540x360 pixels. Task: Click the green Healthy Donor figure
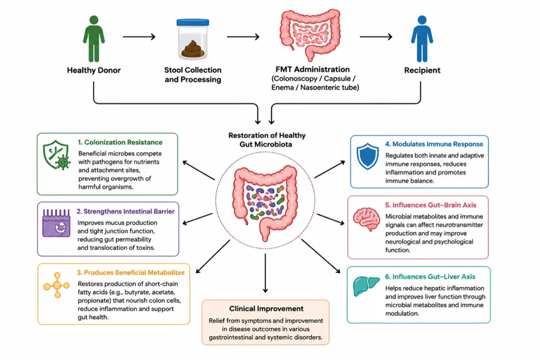click(x=94, y=38)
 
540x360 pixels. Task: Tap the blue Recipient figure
click(x=422, y=38)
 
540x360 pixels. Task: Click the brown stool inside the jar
click(x=193, y=49)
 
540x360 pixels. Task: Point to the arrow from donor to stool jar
click(x=139, y=37)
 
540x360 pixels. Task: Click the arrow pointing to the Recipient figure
click(x=376, y=37)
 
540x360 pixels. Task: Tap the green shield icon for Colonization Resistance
click(x=56, y=155)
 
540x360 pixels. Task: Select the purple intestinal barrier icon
click(x=56, y=223)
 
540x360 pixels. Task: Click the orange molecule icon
click(x=57, y=285)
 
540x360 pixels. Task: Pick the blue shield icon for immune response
click(x=368, y=156)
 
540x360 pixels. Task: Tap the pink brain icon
click(x=367, y=219)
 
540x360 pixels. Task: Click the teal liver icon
click(x=366, y=286)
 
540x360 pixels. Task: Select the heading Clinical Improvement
click(x=266, y=309)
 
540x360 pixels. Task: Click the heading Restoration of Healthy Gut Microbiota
click(x=267, y=140)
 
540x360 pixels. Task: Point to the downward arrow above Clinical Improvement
click(x=265, y=273)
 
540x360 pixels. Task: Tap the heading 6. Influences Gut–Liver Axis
click(x=430, y=277)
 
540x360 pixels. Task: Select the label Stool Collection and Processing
click(x=193, y=75)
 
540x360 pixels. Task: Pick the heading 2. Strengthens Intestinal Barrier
click(x=126, y=211)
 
